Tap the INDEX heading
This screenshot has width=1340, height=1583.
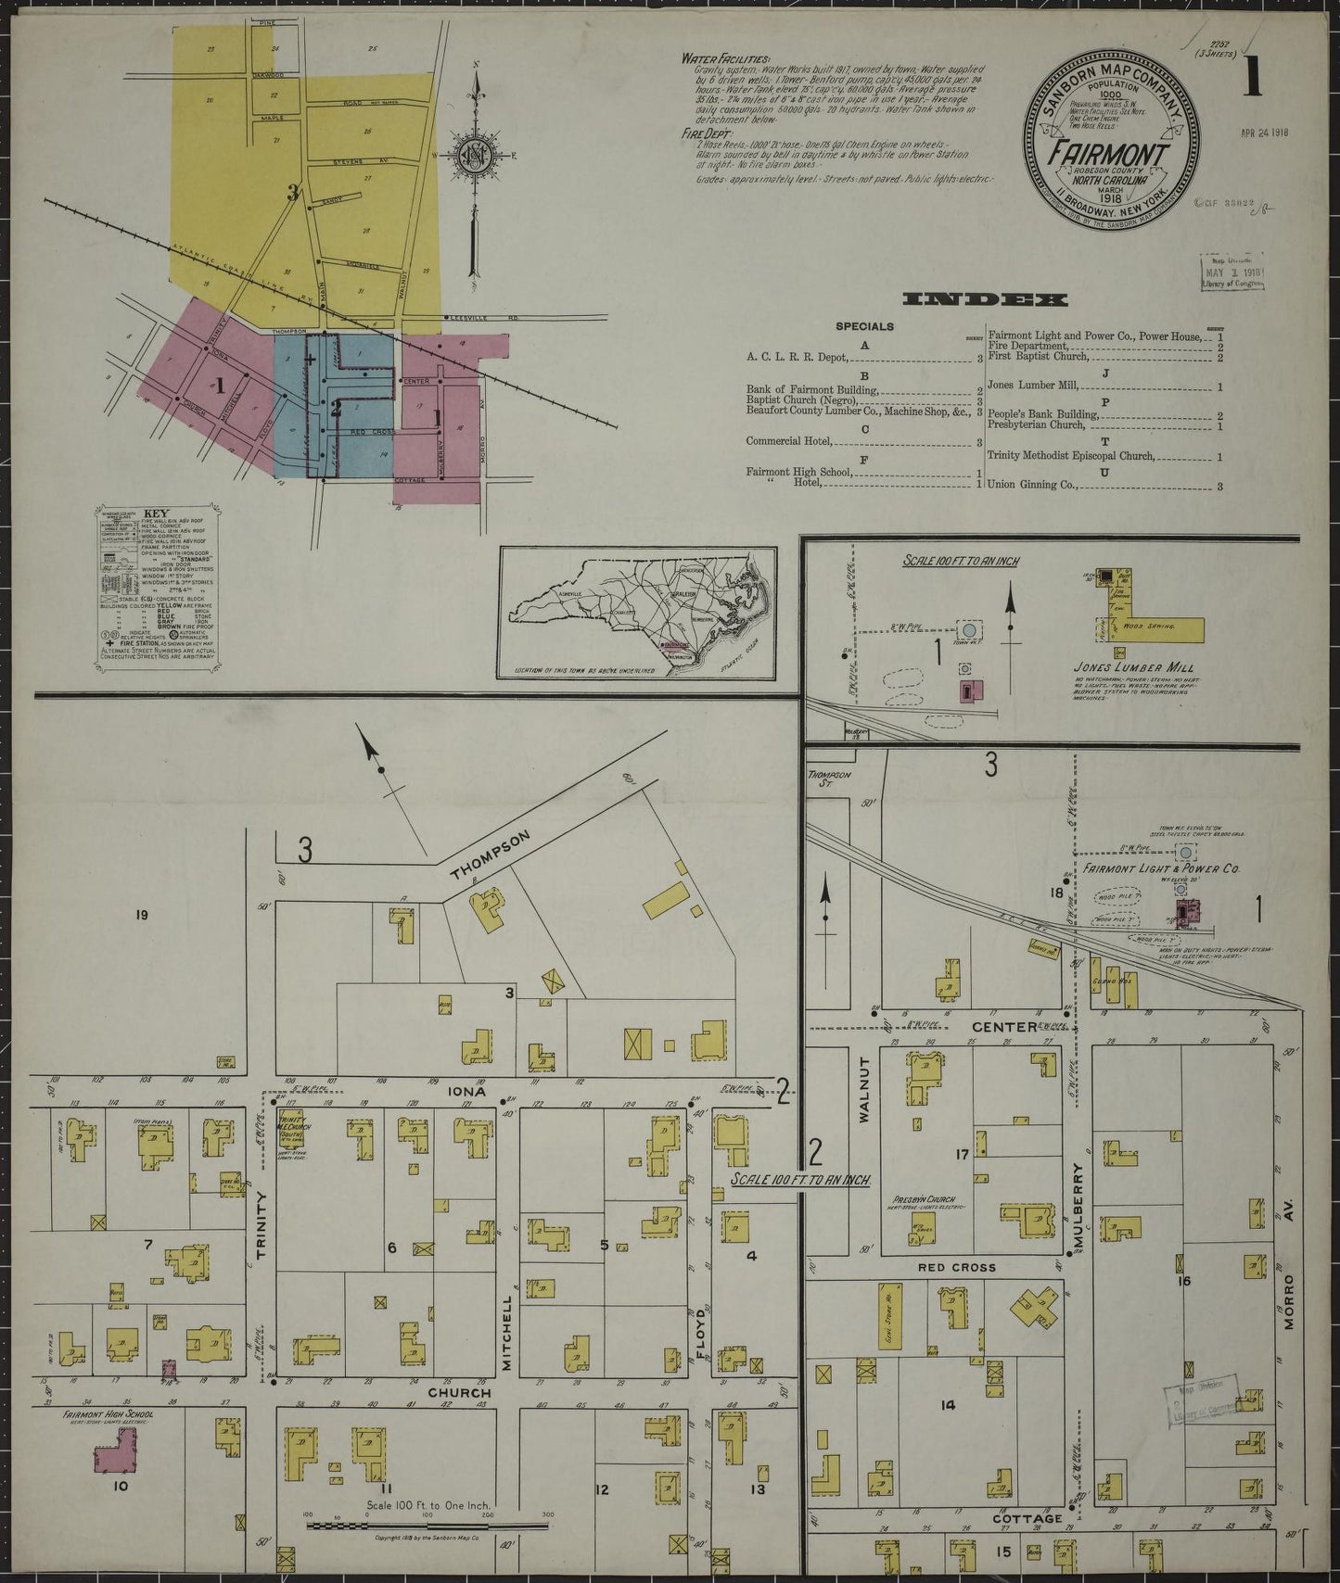click(984, 299)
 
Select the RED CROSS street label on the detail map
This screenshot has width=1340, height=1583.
click(943, 1267)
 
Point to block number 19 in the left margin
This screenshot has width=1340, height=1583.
click(141, 916)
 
